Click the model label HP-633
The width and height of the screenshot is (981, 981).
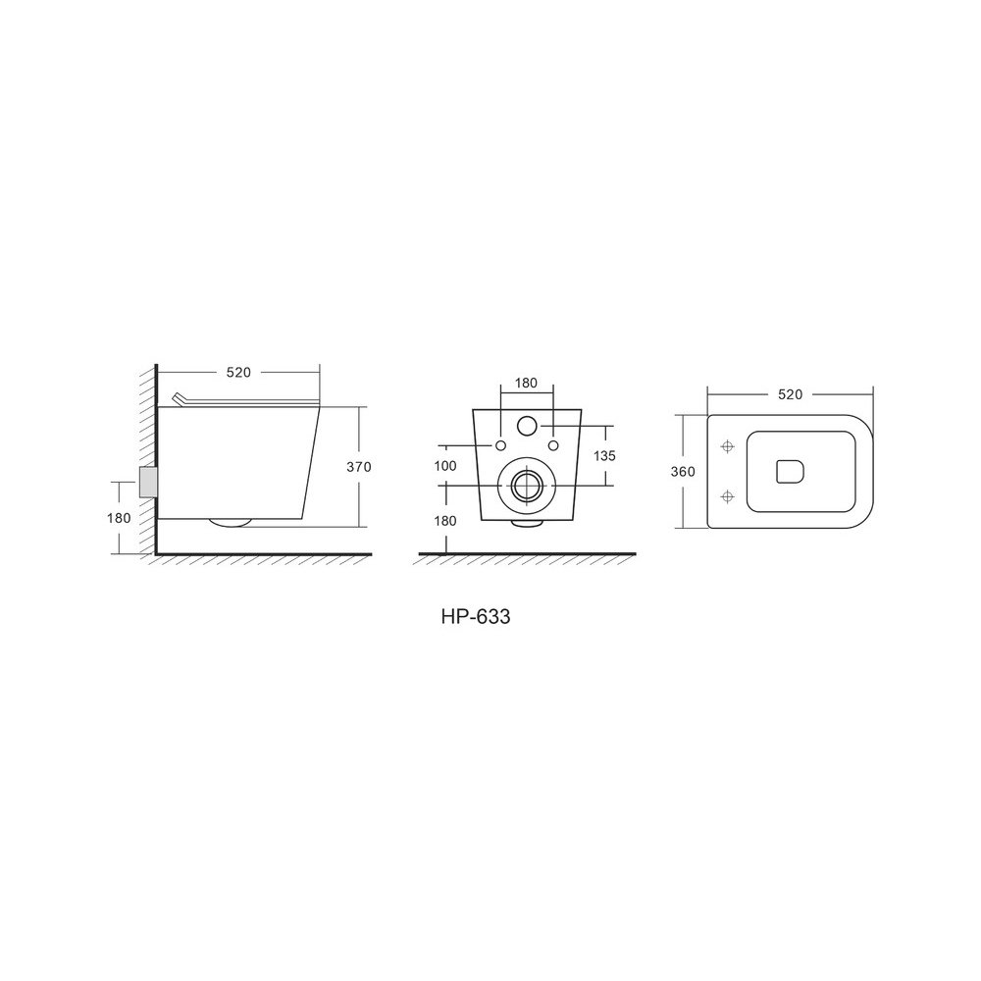[476, 617]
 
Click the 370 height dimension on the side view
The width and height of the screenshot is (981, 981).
[359, 467]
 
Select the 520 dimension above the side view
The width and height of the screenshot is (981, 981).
[238, 373]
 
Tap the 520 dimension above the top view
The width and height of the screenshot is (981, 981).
[790, 394]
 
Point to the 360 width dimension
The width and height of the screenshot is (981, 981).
[683, 472]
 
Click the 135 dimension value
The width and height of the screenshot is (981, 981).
[604, 456]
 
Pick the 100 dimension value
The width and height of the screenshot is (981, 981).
[444, 466]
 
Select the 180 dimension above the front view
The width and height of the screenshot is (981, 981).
[526, 384]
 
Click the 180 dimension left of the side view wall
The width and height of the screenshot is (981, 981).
[119, 518]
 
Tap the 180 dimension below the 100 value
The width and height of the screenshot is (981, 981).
[444, 521]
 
